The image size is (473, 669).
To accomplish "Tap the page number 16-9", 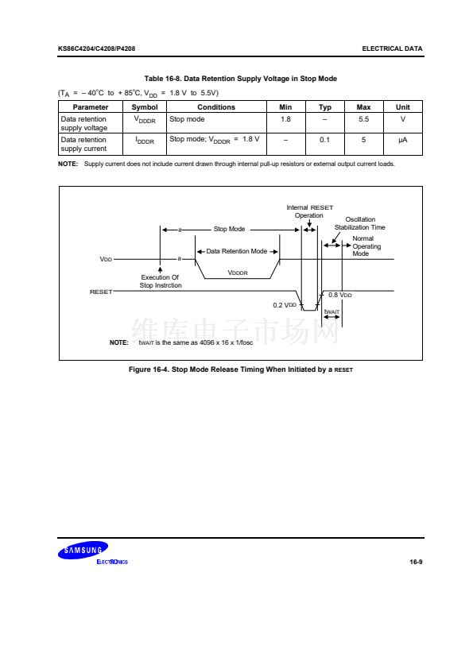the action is (416, 562).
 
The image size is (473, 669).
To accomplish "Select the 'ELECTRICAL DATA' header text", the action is (392, 48).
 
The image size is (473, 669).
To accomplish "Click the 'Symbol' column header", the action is (145, 107).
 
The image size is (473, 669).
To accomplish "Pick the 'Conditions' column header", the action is (216, 107).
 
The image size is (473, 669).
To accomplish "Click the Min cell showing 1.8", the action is (285, 119).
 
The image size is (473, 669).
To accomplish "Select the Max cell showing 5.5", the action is (364, 119).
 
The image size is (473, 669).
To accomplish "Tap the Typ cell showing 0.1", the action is (325, 140).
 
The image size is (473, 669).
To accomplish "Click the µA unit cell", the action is (402, 140).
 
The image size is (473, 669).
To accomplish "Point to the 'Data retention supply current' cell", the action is (83, 145).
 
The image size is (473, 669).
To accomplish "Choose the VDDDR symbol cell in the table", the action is (145, 120).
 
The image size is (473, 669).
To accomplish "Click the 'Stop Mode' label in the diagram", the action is (229, 229).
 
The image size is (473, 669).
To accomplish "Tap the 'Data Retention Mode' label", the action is (237, 251).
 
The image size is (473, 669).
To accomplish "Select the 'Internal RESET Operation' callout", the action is (309, 211).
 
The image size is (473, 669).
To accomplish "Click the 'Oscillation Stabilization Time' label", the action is (360, 223).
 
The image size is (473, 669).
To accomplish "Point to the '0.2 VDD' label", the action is (285, 305).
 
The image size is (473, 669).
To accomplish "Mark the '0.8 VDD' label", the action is (339, 295).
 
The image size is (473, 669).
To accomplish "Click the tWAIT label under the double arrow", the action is (331, 312).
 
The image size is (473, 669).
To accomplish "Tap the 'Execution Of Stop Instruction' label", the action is (161, 281).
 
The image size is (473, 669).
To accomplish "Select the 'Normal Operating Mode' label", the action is (366, 246).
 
